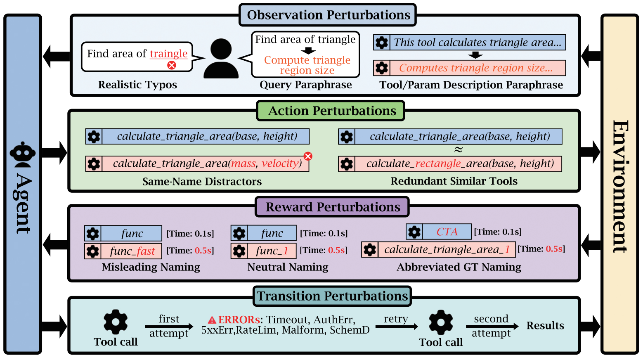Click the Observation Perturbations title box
pos(328,15)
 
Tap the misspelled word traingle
pos(168,54)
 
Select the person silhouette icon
pos(221,58)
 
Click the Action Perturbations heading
pos(331,111)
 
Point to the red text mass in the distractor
pos(243,163)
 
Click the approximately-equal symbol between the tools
pos(459,149)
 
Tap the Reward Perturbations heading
pos(332,207)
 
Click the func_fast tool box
pos(123,251)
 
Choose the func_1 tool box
pos(264,251)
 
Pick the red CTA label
pos(447,232)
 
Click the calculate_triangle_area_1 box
pos(438,249)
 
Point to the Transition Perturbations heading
pos(332,296)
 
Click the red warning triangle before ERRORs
pos(212,320)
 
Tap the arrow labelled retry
pos(397,327)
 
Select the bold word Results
pos(545,326)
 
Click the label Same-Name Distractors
pos(202,181)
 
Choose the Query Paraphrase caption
pos(306,85)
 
